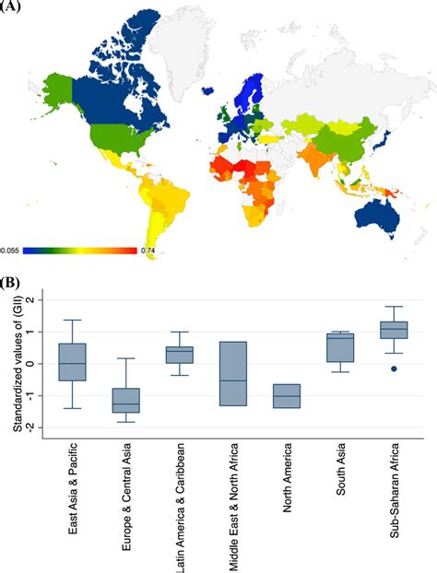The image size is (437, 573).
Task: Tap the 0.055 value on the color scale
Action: tap(10, 250)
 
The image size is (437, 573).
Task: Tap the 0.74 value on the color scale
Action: tap(148, 250)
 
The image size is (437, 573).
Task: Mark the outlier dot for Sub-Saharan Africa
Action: tap(394, 368)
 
